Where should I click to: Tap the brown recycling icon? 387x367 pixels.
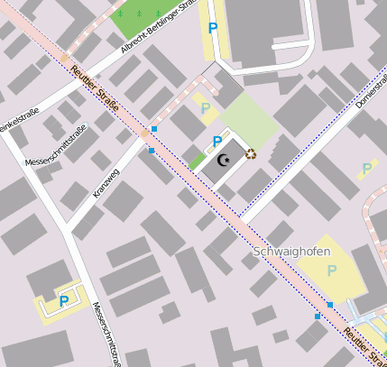[x=251, y=154]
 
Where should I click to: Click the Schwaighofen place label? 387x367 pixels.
[x=291, y=252]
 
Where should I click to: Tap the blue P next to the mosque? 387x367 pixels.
[x=217, y=142]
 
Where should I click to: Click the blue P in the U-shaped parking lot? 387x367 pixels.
[x=64, y=302]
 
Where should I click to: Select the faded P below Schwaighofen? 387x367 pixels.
[x=331, y=271]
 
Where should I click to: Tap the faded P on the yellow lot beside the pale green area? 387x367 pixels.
[x=206, y=108]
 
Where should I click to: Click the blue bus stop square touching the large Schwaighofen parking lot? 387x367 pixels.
[x=330, y=306]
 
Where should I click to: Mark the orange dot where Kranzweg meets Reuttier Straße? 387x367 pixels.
[x=144, y=133]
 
